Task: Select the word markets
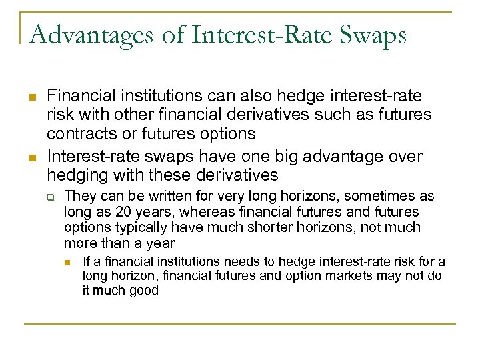pos(357,275)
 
